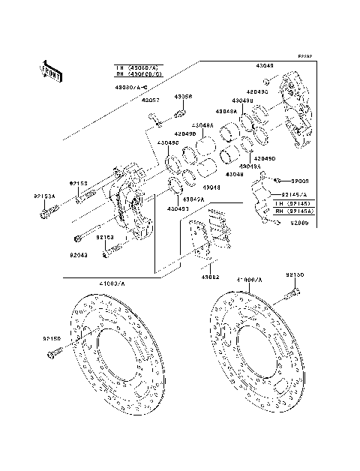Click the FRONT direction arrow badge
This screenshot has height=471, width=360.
pos(51,70)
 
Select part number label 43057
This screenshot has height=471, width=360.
pos(151,100)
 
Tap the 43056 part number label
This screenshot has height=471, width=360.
pos(184,97)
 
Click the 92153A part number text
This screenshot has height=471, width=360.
pos(44,196)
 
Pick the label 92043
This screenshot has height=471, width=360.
pos(79,254)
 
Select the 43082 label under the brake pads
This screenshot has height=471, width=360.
pos(209,277)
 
